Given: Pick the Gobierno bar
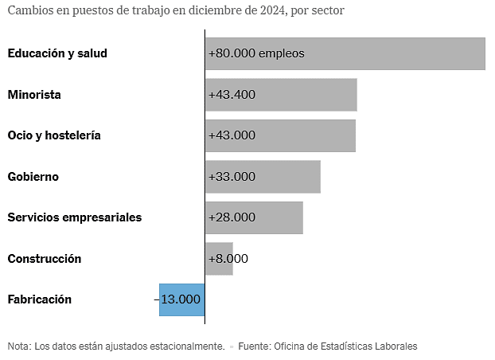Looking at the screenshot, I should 294,177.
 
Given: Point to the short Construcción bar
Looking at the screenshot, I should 219,259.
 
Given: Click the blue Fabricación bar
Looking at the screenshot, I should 181,299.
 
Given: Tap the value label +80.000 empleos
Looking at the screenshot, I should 256,53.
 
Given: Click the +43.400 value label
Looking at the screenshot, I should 232,95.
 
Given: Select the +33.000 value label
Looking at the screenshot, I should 232,177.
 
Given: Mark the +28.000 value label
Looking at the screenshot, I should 232,217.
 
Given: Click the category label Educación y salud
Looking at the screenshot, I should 57,53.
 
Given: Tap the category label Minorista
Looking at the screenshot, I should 34,95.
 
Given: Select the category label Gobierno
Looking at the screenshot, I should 33,177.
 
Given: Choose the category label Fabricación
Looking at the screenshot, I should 40,299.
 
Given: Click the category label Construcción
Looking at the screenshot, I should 45,259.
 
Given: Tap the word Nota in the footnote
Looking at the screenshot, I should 18,346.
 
